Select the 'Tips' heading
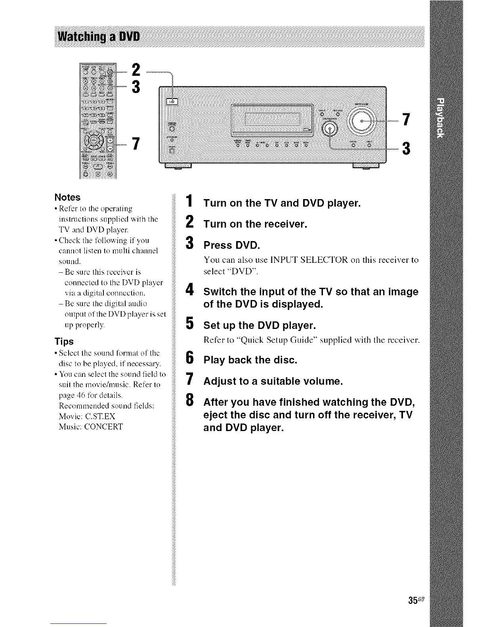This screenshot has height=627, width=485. coord(64,341)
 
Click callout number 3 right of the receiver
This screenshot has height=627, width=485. coord(405,149)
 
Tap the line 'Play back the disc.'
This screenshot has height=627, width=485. coord(250,360)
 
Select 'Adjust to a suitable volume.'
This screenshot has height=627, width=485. coord(273,382)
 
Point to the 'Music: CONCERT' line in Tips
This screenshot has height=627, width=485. coord(91,427)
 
